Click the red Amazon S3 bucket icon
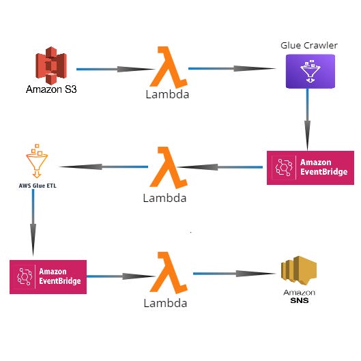coord(51,66)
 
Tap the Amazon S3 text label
coord(51,89)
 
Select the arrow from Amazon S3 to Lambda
coord(115,69)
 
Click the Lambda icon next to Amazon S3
coord(169,68)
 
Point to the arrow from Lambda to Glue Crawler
coord(232,68)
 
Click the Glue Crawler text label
coord(309,45)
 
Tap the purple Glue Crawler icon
coord(311,72)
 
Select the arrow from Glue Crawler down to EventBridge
coord(307,119)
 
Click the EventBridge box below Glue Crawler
coord(311,168)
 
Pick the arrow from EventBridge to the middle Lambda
coord(220,167)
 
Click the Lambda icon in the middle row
coord(169,168)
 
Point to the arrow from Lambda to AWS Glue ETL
coord(103,167)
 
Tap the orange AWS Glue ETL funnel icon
coord(37,161)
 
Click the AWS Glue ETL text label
coord(38,186)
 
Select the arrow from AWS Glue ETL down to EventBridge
coord(33,222)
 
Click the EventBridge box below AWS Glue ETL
coord(48,277)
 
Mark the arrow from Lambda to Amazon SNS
coord(235,274)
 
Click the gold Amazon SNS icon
coord(299,270)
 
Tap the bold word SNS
coord(300,300)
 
